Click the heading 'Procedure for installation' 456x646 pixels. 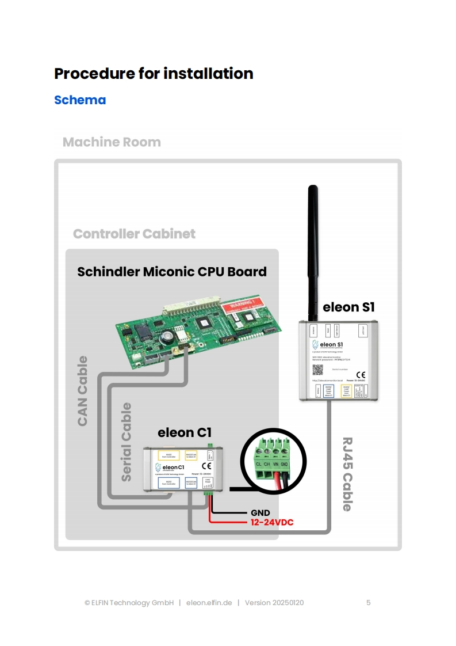(x=154, y=74)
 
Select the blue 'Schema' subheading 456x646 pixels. (x=80, y=100)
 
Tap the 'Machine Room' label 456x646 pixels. (x=112, y=142)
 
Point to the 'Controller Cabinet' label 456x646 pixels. (x=134, y=234)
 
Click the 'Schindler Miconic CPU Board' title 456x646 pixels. (x=172, y=271)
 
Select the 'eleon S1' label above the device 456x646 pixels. (x=348, y=307)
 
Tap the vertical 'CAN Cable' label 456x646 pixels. (x=83, y=391)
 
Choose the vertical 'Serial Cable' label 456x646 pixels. (x=126, y=442)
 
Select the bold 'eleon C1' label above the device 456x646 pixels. (x=185, y=432)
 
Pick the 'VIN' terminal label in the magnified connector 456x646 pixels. (x=275, y=463)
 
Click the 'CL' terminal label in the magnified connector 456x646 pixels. (x=259, y=463)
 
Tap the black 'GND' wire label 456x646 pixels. (x=260, y=513)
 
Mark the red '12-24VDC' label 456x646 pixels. (x=272, y=523)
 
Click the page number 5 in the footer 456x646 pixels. (x=369, y=603)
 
